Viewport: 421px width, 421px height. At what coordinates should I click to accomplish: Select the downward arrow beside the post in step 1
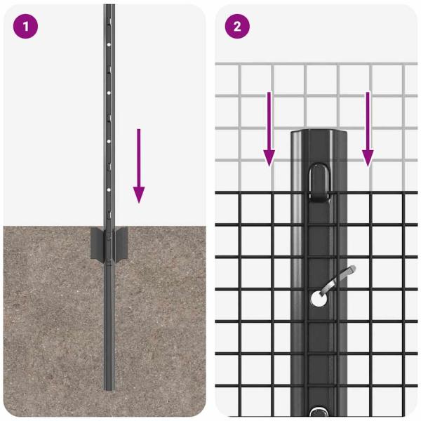pos(139,166)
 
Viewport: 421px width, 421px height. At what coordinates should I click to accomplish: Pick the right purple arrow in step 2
pos(367,129)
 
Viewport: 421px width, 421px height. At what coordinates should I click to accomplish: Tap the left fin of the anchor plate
pos(97,242)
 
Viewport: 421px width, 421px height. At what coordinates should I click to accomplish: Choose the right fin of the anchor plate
pos(121,242)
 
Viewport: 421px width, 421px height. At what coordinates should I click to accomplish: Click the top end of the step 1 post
pos(109,7)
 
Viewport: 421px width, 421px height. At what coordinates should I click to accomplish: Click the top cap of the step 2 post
pos(319,134)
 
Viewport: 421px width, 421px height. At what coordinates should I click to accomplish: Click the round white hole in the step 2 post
pos(317,298)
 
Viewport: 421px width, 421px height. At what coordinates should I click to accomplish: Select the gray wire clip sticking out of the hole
pos(337,279)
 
